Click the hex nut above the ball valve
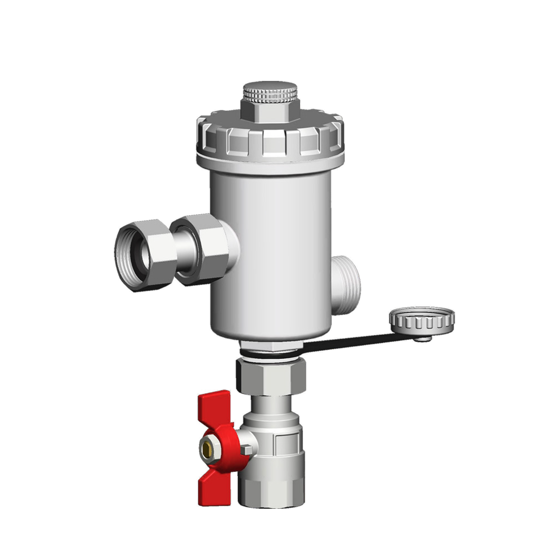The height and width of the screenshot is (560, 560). [271, 377]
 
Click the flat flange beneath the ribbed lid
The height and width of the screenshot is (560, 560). [270, 165]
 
